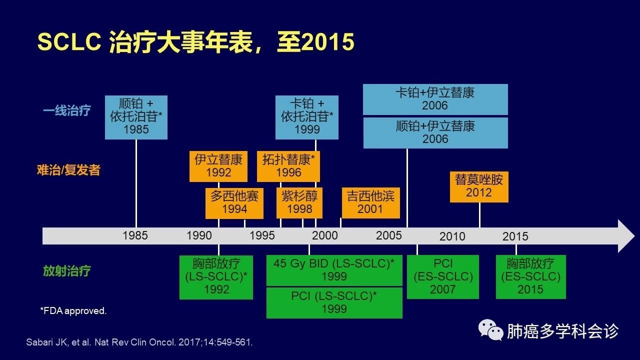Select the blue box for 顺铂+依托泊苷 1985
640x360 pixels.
[x=136, y=117]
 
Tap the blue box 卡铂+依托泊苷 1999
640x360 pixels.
[x=307, y=117]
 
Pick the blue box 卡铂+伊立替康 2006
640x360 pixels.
[x=435, y=99]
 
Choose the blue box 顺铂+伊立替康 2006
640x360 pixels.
[x=435, y=133]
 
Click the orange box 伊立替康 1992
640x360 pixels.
[x=218, y=166]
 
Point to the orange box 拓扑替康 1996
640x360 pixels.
[x=288, y=166]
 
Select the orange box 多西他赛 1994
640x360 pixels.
[x=234, y=203]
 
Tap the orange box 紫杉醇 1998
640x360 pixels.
[x=299, y=203]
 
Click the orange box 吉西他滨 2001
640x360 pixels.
[x=371, y=203]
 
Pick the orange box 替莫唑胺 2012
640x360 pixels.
[x=479, y=187]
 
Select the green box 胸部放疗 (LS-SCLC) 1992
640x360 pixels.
[x=216, y=277]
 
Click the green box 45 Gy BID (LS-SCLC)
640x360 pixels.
[x=334, y=270]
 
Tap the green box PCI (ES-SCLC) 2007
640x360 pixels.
[x=443, y=277]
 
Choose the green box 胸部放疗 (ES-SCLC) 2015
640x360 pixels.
[x=531, y=277]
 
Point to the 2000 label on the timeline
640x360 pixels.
[x=325, y=235]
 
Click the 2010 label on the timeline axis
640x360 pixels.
[x=452, y=236]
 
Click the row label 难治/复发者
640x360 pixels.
[x=68, y=170]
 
